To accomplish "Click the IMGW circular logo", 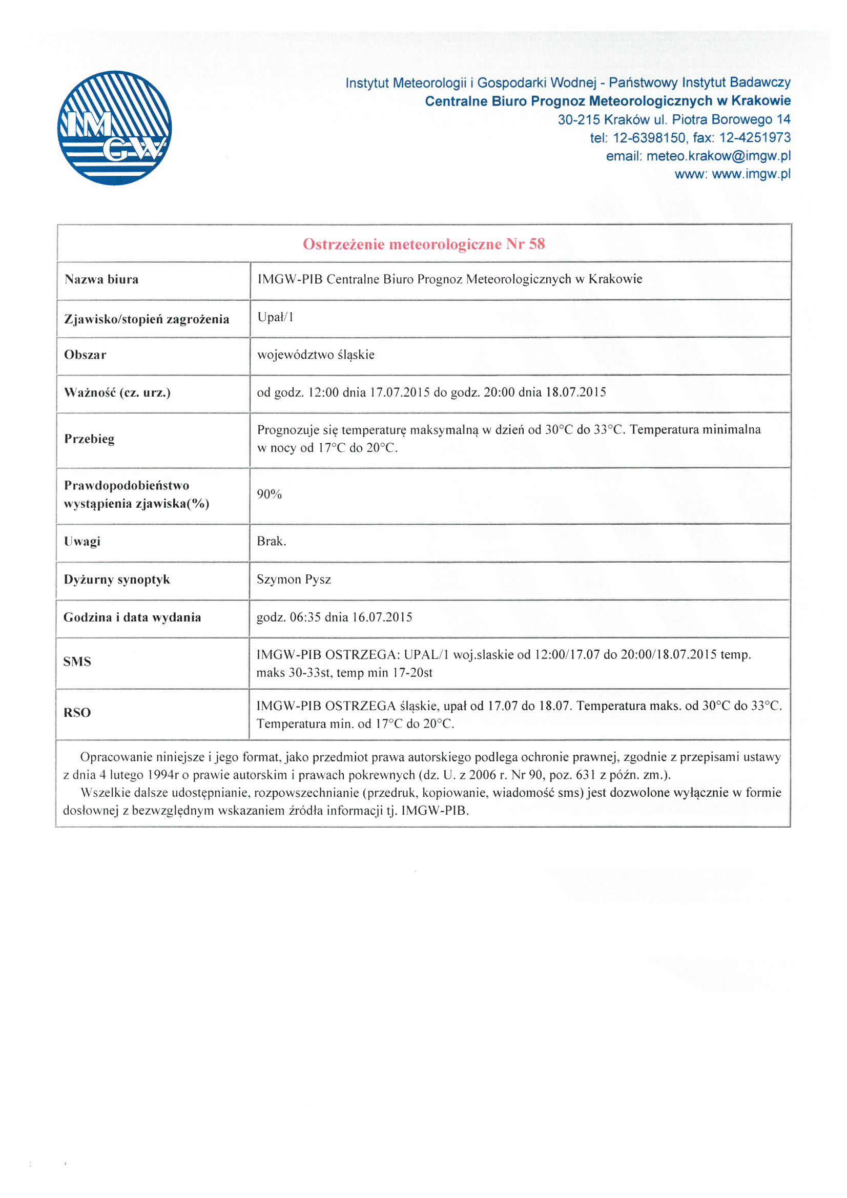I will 114,128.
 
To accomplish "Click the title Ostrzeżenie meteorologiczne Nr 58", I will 423,244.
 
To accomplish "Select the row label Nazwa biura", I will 101,280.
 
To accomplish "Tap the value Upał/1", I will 275,317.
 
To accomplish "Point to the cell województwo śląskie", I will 315,355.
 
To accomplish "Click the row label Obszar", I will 85,355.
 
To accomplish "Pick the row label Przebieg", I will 89,439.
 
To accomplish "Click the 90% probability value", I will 269,494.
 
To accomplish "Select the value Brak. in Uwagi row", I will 271,541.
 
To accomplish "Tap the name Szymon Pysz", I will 293,579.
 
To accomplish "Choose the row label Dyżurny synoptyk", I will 116,580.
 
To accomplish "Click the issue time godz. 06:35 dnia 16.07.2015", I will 334,617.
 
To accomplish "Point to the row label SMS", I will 77,662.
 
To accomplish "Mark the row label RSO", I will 77,713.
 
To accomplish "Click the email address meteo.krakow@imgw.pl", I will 718,156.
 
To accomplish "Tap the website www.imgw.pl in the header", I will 751,174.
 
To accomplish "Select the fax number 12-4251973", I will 755,138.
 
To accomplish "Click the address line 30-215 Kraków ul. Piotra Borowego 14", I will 674,119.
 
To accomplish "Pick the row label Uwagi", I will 82,542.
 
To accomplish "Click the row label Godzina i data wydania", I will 132,618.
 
